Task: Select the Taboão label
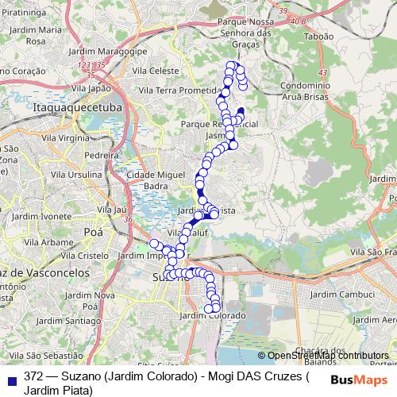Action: tap(318, 37)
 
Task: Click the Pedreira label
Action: tap(101, 156)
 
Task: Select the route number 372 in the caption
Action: tap(33, 375)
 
